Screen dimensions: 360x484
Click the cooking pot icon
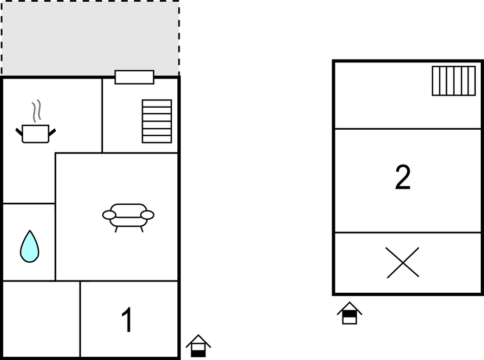click(35, 134)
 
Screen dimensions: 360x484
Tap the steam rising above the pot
click(36, 111)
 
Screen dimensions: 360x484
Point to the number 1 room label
click(127, 321)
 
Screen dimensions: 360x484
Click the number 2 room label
click(403, 178)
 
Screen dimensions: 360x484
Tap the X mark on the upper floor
click(402, 262)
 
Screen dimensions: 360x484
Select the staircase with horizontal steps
click(157, 121)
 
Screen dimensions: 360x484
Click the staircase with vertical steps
click(454, 81)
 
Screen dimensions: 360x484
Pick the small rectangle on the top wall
click(134, 77)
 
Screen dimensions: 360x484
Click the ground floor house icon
click(198, 346)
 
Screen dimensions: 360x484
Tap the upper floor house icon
click(349, 313)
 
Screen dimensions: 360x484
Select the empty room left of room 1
click(41, 319)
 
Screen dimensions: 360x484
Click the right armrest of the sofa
click(147, 215)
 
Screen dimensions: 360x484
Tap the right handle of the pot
click(52, 132)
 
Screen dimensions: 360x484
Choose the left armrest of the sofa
click(109, 215)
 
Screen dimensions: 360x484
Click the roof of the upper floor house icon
click(349, 306)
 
